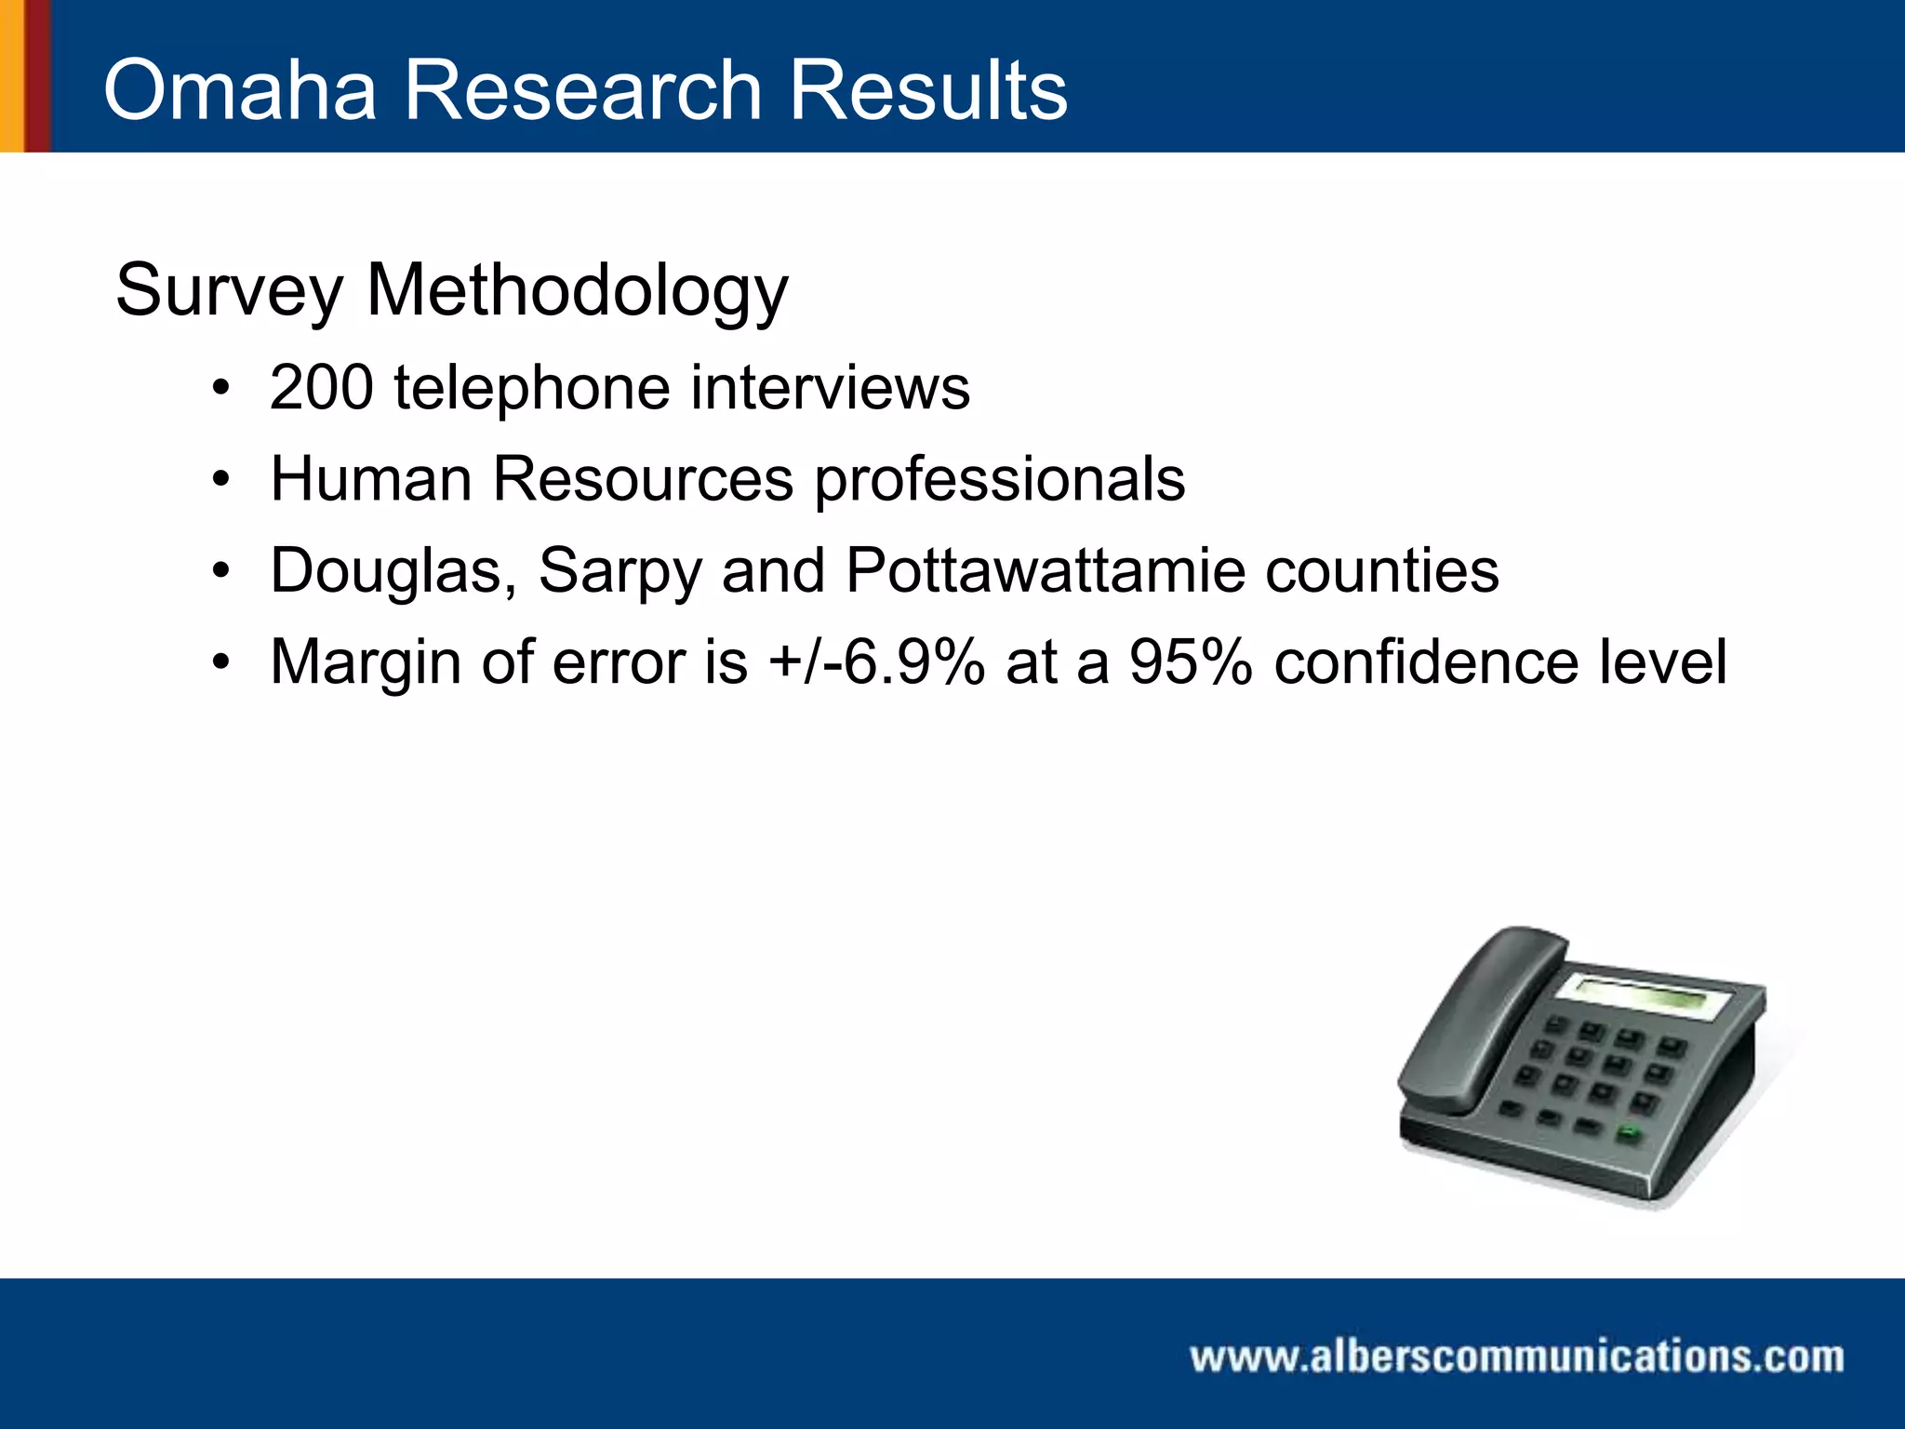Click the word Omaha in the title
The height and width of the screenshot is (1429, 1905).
coord(240,90)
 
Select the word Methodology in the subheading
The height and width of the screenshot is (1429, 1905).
coord(577,290)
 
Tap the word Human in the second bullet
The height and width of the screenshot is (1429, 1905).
coord(371,479)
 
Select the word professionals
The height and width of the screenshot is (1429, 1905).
coord(1000,479)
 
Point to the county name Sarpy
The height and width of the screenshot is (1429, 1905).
coord(619,570)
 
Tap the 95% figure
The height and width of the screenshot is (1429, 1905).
coord(1191,662)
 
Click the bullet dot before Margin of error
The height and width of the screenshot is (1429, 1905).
coord(220,662)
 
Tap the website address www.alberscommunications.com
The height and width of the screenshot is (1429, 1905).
coord(1516,1356)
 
